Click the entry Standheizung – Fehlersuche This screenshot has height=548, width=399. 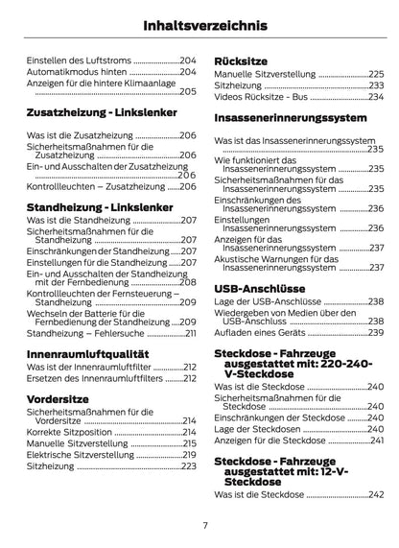click(84, 333)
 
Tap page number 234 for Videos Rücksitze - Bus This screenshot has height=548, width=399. click(376, 96)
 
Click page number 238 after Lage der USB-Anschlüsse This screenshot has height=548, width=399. click(376, 302)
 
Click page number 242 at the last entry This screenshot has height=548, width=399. click(376, 493)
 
